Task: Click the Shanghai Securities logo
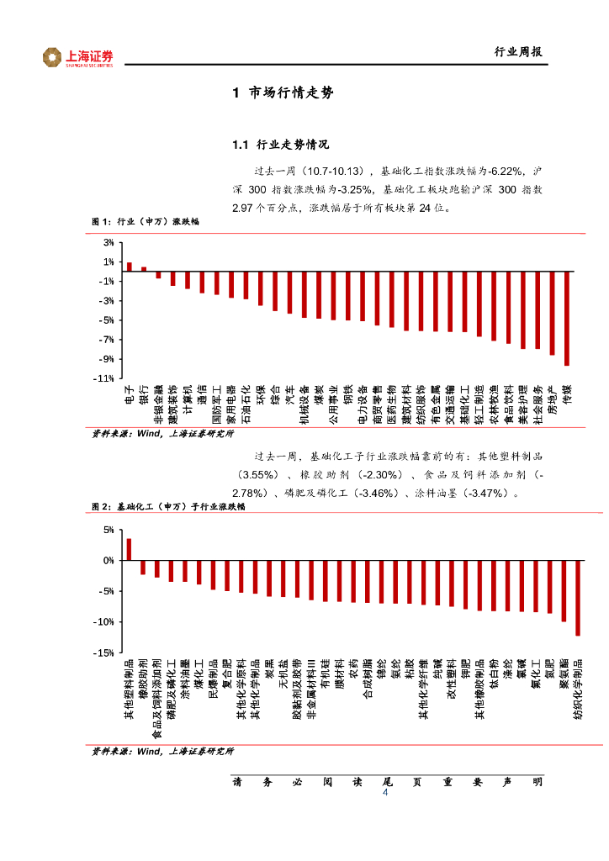click(77, 57)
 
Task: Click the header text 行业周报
click(517, 52)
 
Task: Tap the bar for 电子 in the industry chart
click(129, 267)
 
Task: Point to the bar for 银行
click(144, 269)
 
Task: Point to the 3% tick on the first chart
click(109, 243)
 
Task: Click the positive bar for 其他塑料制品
click(129, 549)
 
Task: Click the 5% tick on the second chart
click(109, 531)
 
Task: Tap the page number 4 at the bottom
click(385, 793)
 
